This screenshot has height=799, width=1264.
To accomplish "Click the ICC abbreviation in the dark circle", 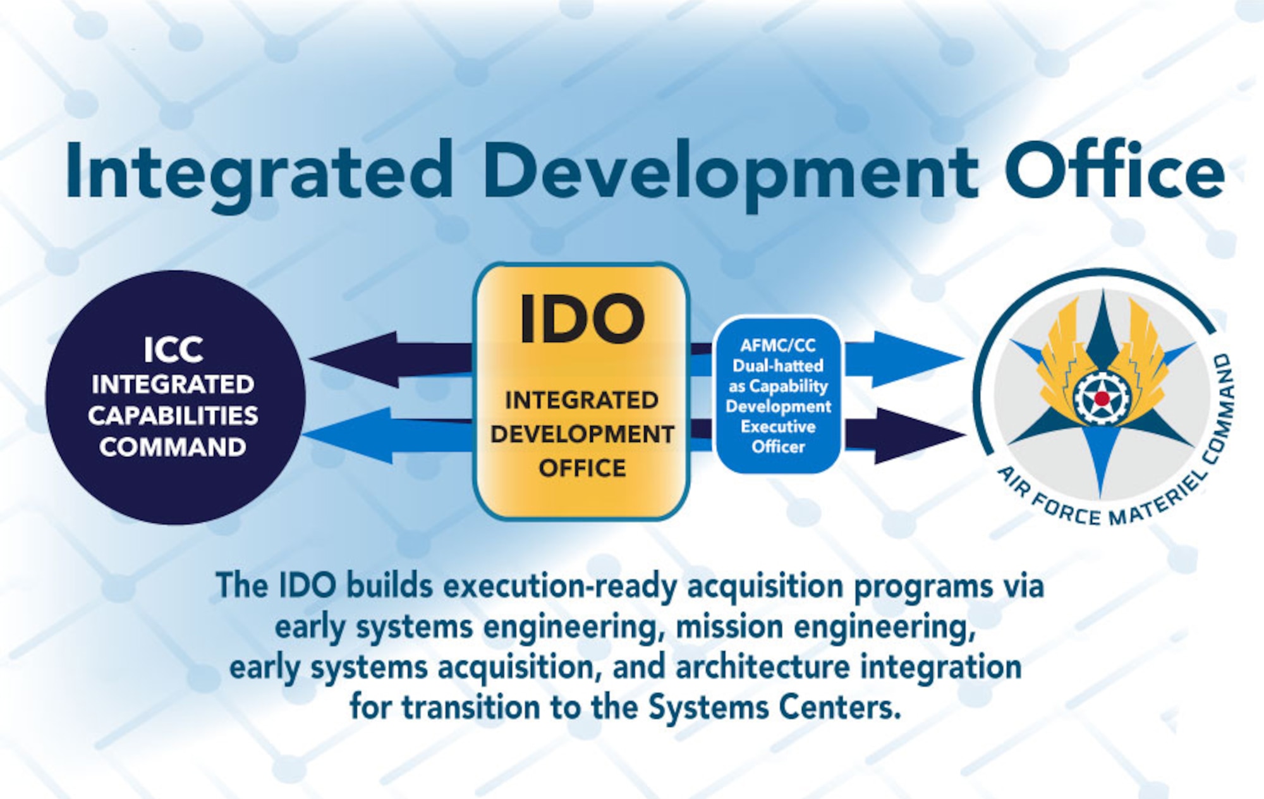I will (173, 350).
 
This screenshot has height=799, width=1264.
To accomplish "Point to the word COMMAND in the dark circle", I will (173, 447).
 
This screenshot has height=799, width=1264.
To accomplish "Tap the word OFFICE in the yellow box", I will (582, 468).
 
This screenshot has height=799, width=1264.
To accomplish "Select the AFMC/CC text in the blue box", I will (778, 345).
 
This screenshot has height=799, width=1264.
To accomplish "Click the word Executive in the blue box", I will (778, 427).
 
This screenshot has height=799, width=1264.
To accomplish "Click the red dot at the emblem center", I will (1102, 398).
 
